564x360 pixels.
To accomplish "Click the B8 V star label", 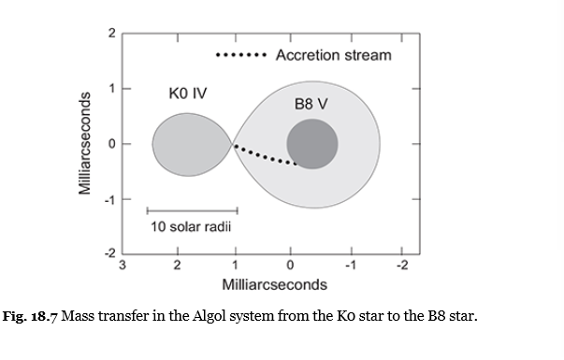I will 311,104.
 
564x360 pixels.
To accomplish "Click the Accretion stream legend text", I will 333,55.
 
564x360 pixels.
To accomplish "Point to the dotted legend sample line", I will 242,55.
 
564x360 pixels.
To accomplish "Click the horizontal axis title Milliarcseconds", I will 274,282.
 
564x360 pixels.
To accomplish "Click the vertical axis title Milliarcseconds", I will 85,143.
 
